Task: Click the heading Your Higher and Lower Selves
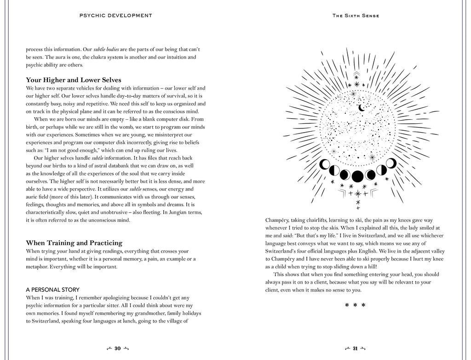pyautogui.click(x=74, y=80)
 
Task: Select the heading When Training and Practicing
pyautogui.click(x=74, y=243)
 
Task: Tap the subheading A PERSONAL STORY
pyautogui.click(x=52, y=290)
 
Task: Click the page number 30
pyautogui.click(x=117, y=348)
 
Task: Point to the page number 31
pyautogui.click(x=355, y=348)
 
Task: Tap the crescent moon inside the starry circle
pyautogui.click(x=362, y=108)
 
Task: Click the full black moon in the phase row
pyautogui.click(x=357, y=176)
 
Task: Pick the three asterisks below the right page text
pyautogui.click(x=355, y=305)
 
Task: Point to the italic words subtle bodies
pyautogui.click(x=107, y=49)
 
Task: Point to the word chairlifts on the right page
pyautogui.click(x=318, y=220)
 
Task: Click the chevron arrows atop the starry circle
pyautogui.click(x=356, y=75)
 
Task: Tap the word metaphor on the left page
pyautogui.click(x=37, y=267)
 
